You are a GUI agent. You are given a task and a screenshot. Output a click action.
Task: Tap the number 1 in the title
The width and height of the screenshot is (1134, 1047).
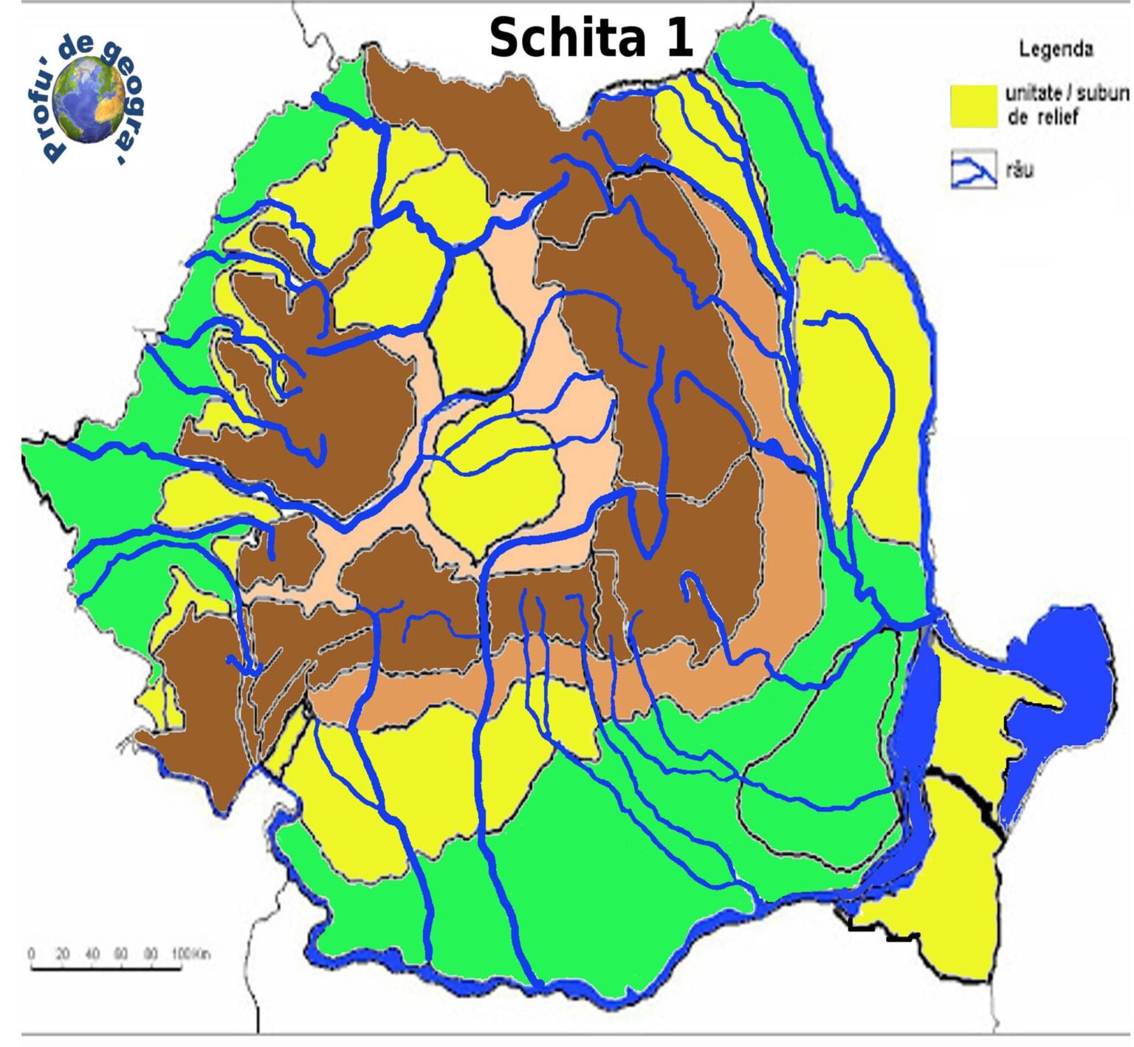point(678,38)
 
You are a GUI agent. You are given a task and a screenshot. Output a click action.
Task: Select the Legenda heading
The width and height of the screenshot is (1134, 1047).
point(1056,49)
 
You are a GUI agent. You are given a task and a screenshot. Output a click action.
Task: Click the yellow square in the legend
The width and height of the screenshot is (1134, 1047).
point(973,106)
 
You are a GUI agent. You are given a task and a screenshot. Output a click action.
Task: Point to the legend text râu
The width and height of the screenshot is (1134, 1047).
point(1020,171)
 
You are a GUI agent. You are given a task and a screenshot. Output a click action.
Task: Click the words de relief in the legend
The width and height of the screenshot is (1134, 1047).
point(1042,117)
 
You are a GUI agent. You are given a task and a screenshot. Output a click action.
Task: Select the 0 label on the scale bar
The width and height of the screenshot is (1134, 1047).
point(31,954)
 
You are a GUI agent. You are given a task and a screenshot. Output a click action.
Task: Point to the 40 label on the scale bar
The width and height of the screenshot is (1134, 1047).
point(92,954)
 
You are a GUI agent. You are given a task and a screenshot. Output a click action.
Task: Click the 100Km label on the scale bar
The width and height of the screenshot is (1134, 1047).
point(190,954)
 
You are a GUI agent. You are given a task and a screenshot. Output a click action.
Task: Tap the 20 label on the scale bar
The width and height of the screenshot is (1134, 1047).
point(62,954)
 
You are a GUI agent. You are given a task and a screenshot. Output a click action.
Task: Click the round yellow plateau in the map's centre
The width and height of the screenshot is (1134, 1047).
point(491,480)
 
